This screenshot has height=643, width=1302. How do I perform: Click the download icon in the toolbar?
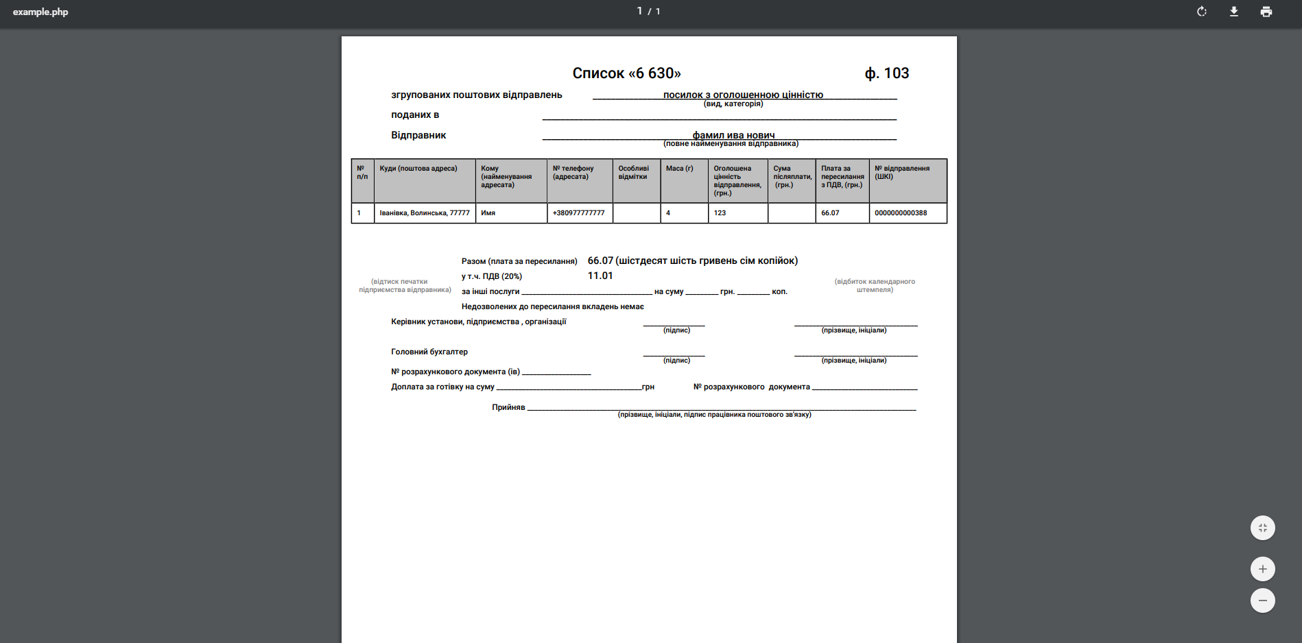pyautogui.click(x=1233, y=12)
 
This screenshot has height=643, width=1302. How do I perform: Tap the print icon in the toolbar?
pyautogui.click(x=1266, y=12)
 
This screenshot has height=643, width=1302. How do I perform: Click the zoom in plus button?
pyautogui.click(x=1262, y=569)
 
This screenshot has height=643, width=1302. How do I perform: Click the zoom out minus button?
pyautogui.click(x=1262, y=600)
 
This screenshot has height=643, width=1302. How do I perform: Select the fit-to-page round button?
pyautogui.click(x=1262, y=528)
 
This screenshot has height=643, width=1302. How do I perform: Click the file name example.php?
pyautogui.click(x=40, y=12)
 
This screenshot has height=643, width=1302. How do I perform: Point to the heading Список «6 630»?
pyautogui.click(x=626, y=73)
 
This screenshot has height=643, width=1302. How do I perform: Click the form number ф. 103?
pyautogui.click(x=886, y=73)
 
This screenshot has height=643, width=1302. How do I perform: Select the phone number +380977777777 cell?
pyautogui.click(x=579, y=213)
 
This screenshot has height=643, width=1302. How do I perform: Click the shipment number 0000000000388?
pyautogui.click(x=901, y=213)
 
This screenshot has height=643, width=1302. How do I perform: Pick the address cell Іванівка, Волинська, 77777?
pyautogui.click(x=425, y=213)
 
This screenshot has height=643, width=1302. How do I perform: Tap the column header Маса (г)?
pyautogui.click(x=679, y=169)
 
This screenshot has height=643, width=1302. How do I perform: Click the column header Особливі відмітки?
pyautogui.click(x=633, y=173)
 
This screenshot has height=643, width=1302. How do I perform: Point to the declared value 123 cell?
pyautogui.click(x=720, y=213)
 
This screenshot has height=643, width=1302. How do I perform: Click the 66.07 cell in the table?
pyautogui.click(x=830, y=213)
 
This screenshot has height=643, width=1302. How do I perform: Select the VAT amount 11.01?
pyautogui.click(x=600, y=276)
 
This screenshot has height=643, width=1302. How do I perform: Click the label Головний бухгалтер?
pyautogui.click(x=429, y=352)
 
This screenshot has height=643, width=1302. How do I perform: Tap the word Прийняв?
pyautogui.click(x=508, y=407)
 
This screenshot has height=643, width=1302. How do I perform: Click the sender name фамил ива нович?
pyautogui.click(x=733, y=135)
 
